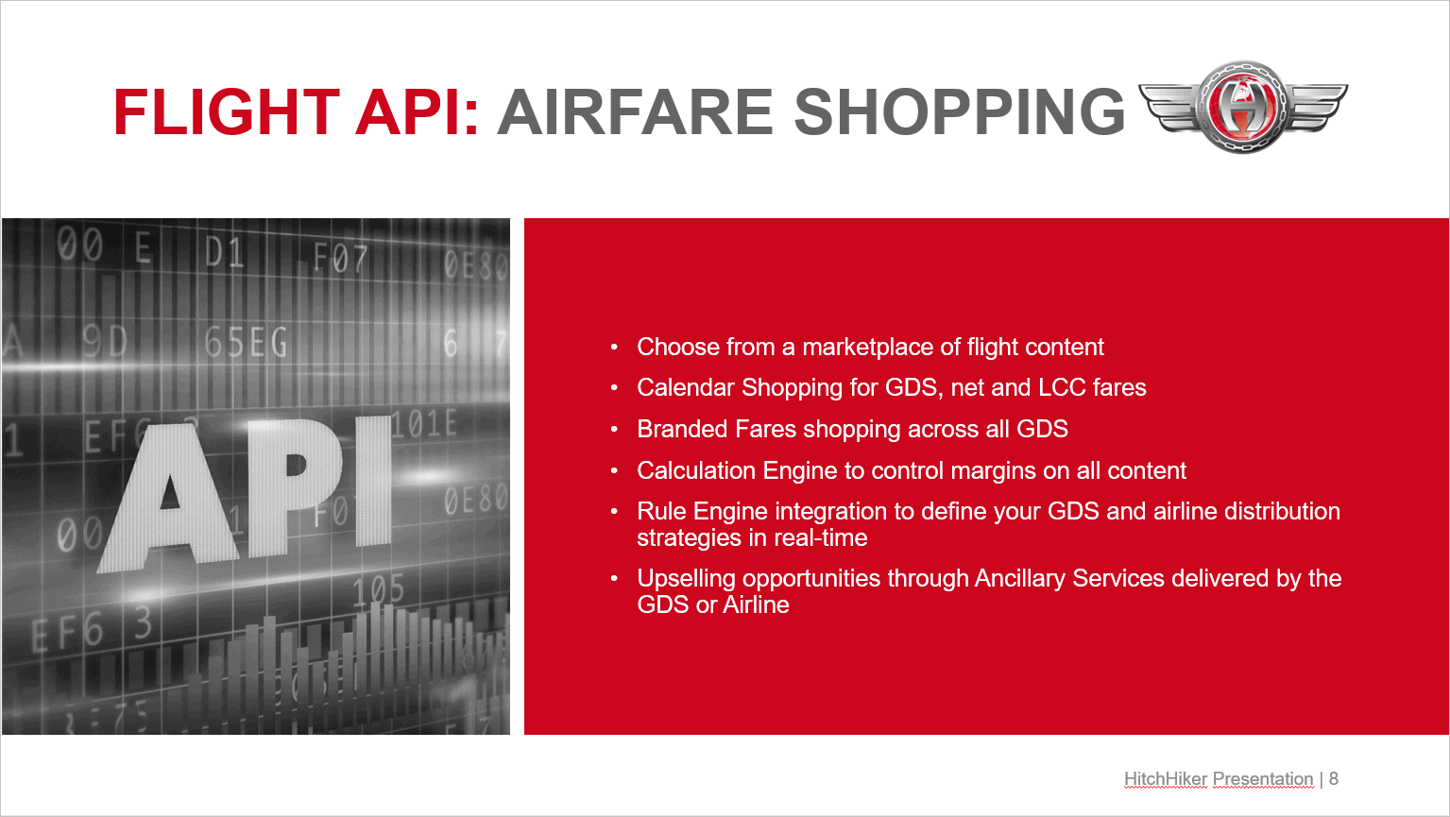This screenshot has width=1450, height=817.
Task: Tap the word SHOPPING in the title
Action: (x=960, y=111)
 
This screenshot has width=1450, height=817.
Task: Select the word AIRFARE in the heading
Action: (x=635, y=111)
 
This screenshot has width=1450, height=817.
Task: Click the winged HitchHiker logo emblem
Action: (x=1243, y=107)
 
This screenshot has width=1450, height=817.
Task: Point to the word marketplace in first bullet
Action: (x=867, y=347)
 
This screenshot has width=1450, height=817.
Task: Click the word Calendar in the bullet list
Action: (x=686, y=387)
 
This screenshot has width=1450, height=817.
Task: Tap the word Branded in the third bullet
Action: (x=682, y=429)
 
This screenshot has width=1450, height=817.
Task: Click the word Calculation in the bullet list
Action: (x=696, y=470)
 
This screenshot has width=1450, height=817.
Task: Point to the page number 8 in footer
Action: (x=1334, y=778)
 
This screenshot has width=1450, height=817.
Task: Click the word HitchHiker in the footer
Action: (x=1166, y=778)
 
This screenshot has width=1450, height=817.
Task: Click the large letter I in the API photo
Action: (x=373, y=482)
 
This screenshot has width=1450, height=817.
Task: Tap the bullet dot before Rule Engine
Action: (x=614, y=511)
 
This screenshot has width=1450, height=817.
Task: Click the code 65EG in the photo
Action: (x=246, y=342)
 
